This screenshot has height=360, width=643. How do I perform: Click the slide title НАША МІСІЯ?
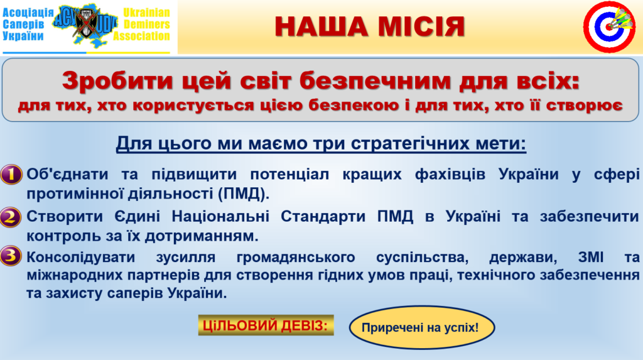[370, 26]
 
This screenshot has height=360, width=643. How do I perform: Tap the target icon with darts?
[609, 26]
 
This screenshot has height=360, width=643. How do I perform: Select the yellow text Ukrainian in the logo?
[146, 13]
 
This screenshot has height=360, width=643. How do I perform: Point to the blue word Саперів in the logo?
[23, 25]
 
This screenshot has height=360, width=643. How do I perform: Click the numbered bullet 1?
[11, 175]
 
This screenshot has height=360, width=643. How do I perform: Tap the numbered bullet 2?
[11, 217]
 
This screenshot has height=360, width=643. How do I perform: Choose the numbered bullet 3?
[11, 256]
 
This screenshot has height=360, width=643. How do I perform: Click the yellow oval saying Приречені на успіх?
[422, 327]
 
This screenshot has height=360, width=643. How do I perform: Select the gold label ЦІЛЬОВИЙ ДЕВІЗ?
[266, 325]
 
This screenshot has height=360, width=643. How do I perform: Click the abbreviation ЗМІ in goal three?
[591, 258]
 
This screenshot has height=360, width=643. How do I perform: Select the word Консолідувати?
[81, 258]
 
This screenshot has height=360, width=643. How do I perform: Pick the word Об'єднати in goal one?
[68, 174]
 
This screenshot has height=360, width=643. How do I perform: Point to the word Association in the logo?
[141, 36]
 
